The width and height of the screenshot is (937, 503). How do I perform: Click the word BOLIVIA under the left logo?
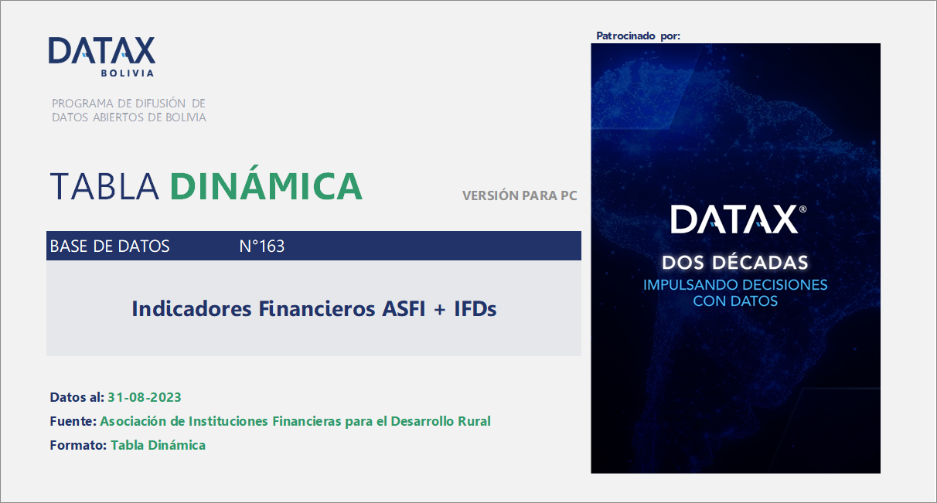click(127, 73)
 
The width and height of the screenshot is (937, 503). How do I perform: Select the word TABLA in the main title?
click(104, 186)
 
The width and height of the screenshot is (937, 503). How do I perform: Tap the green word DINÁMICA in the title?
click(266, 186)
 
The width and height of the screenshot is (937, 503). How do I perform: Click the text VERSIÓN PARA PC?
click(520, 195)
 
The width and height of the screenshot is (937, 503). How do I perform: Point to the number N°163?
click(262, 246)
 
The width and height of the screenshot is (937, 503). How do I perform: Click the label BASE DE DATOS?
click(110, 246)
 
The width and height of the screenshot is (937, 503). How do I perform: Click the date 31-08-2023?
click(145, 397)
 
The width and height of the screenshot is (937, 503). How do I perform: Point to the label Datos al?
click(77, 397)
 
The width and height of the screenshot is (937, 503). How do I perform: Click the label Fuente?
click(73, 421)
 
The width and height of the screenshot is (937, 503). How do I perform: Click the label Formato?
click(78, 445)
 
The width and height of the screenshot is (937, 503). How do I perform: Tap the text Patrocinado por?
click(639, 36)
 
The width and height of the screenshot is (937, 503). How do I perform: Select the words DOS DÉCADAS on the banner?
click(735, 263)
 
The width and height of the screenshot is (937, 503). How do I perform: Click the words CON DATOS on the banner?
click(735, 301)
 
